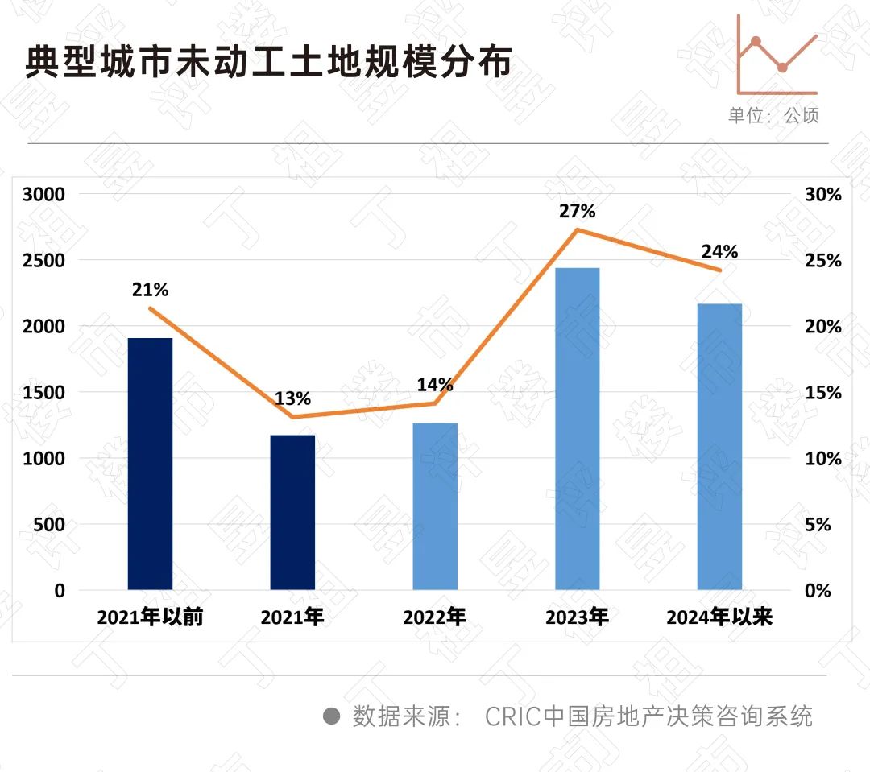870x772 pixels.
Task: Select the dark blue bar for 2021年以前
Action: coord(150,464)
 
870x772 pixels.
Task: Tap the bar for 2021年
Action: coord(292,512)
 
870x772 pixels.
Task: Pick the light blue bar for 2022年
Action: coord(435,506)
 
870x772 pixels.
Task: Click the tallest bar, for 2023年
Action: coord(578,428)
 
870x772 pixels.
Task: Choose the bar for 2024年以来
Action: coord(719,447)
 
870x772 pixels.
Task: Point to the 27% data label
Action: coord(578,212)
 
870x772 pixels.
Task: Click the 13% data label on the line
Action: coord(292,398)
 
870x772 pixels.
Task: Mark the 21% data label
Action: coord(150,290)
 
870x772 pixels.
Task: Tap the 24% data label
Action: coord(719,251)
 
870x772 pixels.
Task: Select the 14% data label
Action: coord(435,384)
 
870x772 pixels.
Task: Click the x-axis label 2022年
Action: coord(435,618)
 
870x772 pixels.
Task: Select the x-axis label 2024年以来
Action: coord(719,618)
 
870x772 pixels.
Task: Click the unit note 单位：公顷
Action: coord(773,115)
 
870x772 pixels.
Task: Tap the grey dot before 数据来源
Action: coord(331,716)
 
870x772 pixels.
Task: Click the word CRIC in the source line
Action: coord(512,716)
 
